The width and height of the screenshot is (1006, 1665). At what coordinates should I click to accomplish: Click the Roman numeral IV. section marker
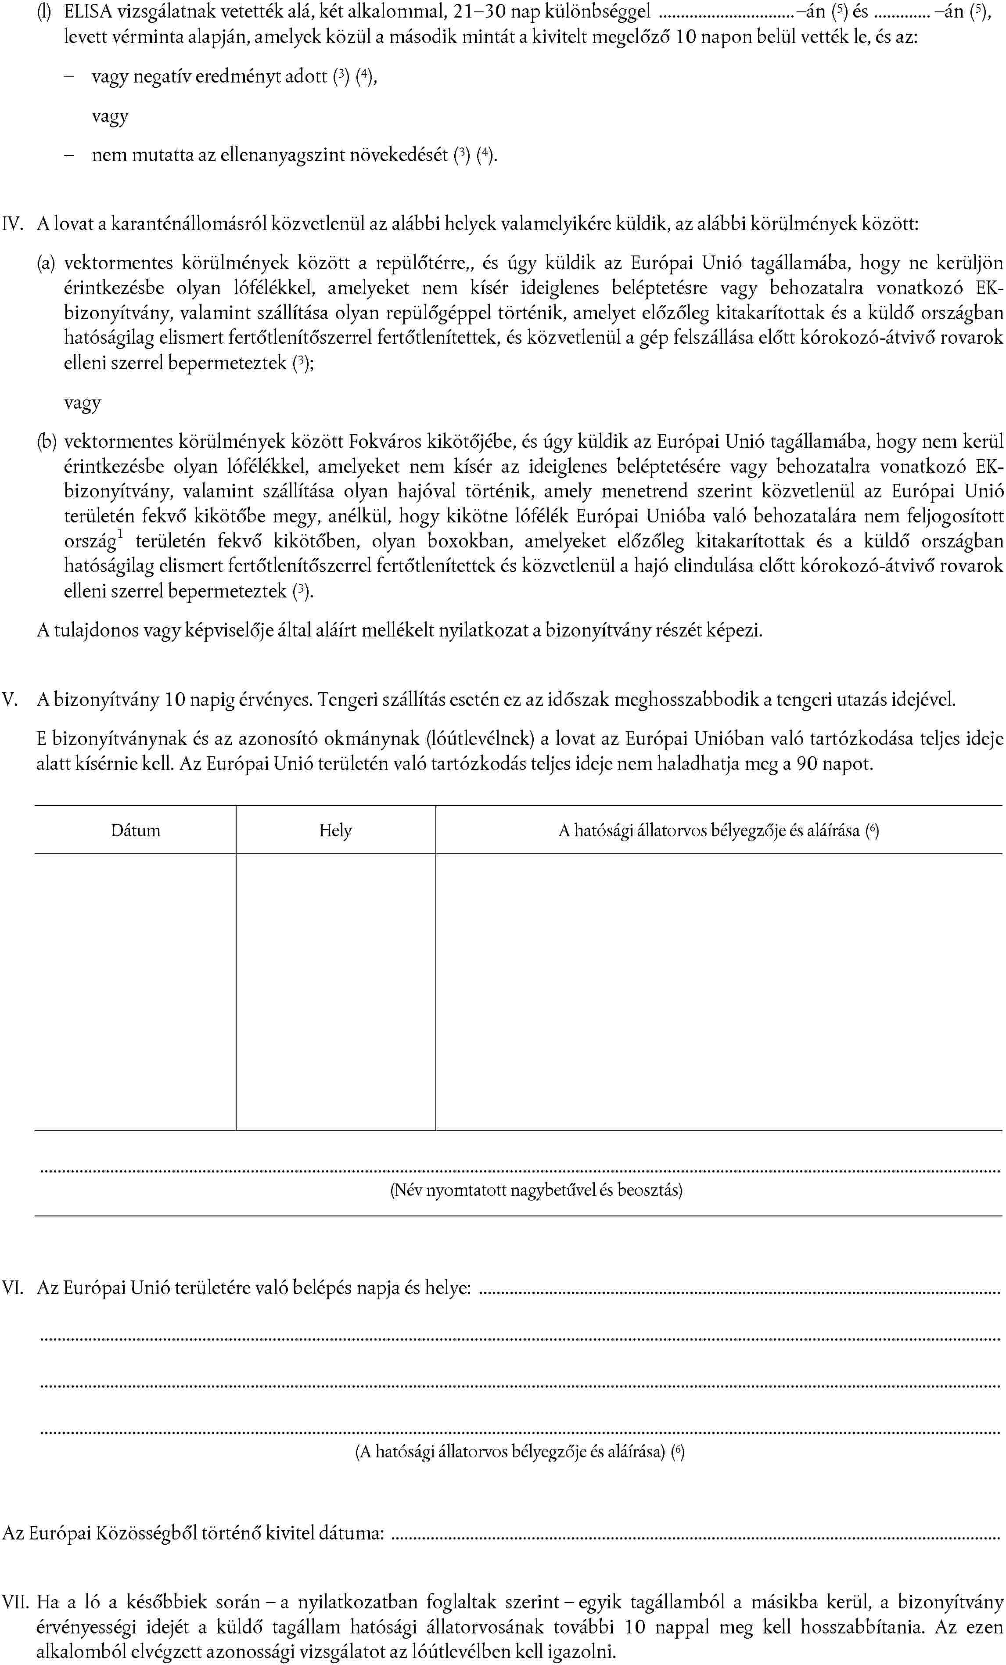pos(14,224)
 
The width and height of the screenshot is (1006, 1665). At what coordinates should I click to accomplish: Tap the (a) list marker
pos(46,263)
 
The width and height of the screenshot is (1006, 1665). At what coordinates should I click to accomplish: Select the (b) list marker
pos(46,442)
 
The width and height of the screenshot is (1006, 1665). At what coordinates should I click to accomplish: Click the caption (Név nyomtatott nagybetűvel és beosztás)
pos(536,1190)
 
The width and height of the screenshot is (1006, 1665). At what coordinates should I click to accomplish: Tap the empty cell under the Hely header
pos(336,992)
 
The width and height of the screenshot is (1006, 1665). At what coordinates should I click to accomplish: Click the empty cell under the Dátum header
pos(136,992)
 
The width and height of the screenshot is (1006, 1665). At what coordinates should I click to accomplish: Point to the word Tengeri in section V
pos(345,699)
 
